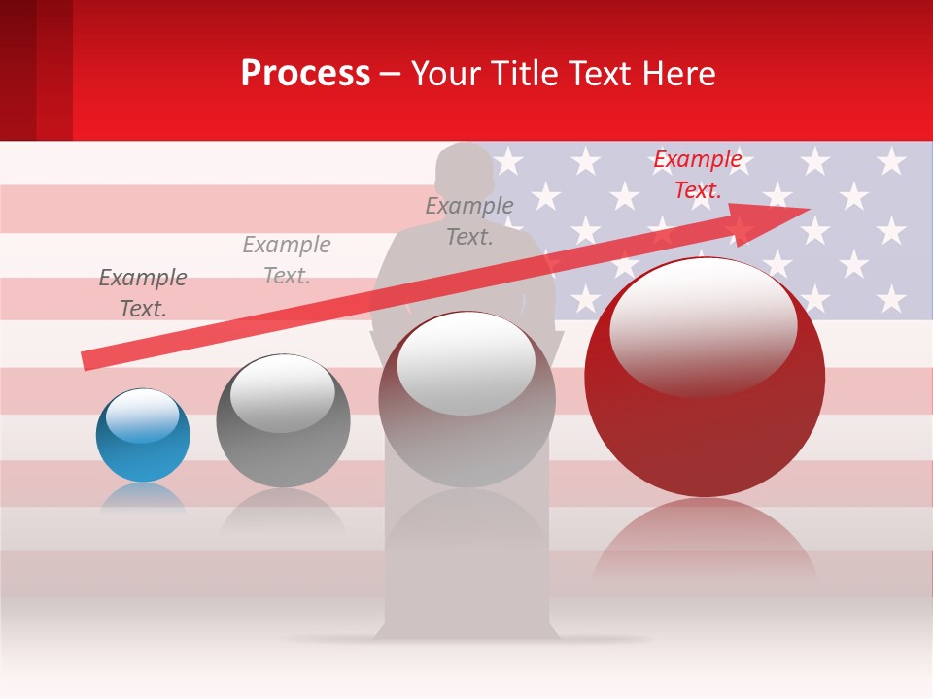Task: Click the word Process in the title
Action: (305, 73)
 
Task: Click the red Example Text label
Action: (697, 175)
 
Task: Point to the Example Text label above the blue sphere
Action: (143, 292)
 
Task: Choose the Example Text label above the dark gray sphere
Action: (287, 259)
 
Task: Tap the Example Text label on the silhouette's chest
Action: (469, 220)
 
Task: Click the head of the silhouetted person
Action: (465, 170)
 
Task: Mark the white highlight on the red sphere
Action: (703, 325)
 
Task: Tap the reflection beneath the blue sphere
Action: (143, 497)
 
